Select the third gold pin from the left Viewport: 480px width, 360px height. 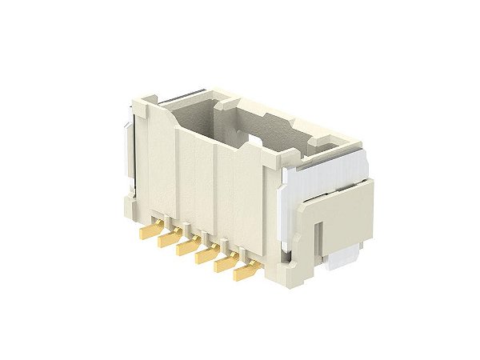pos(189,247)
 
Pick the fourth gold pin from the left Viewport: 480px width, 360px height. pos(207,256)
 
